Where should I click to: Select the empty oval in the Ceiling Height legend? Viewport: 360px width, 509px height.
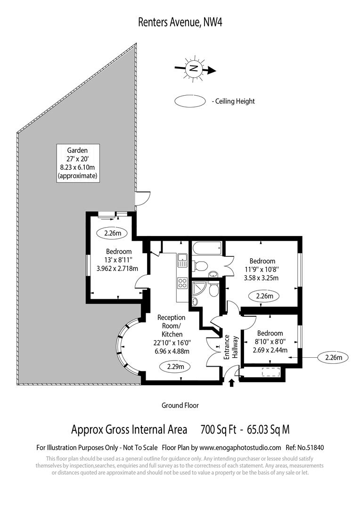190,101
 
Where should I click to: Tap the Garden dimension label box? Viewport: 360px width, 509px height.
77,162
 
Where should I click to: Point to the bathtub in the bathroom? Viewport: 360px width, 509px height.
206,249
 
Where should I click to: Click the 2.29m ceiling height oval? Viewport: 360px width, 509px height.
175,366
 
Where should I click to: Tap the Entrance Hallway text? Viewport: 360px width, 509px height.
230,348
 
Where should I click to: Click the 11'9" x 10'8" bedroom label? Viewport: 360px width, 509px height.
262,269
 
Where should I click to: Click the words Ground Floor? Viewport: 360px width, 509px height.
180,405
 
